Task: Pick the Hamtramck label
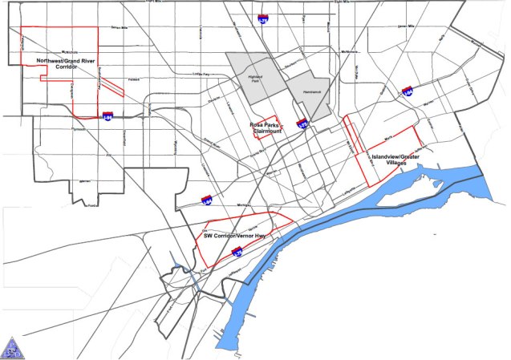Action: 300,93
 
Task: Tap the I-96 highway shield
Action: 108,116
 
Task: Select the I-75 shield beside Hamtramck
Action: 302,123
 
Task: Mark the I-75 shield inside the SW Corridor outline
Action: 237,252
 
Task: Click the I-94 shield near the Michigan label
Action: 207,200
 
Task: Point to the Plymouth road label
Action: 55,127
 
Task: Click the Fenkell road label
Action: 133,79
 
